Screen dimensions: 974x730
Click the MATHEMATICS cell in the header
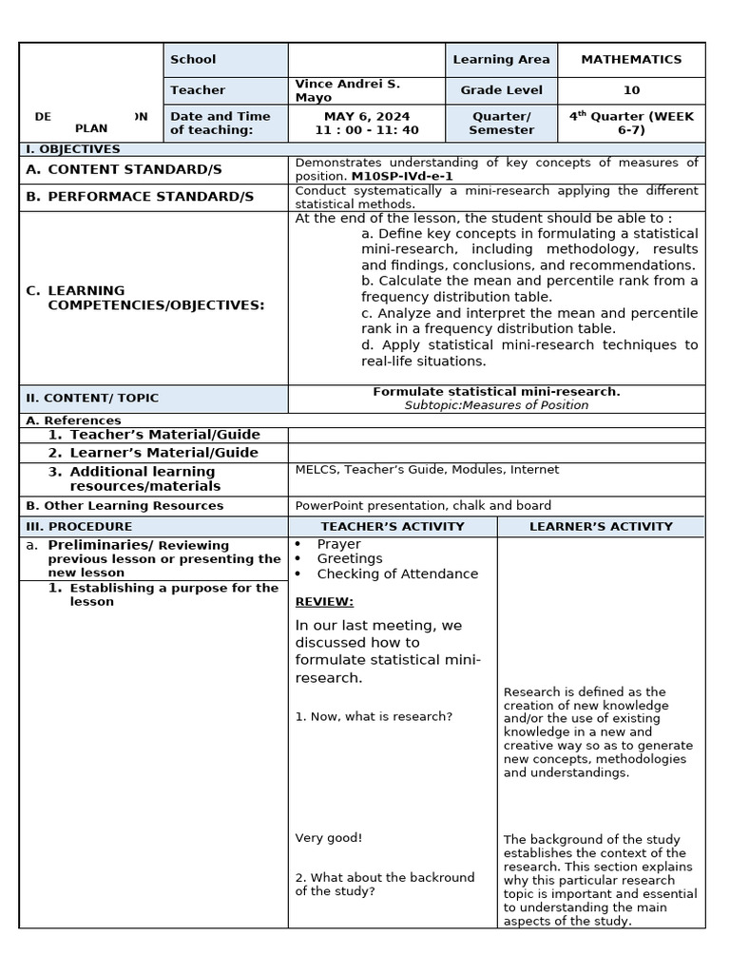[631, 59]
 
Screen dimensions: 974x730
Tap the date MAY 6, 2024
[366, 116]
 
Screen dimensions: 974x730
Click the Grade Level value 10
[631, 90]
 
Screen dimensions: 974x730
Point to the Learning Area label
[501, 59]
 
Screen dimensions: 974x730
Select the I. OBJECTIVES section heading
[72, 149]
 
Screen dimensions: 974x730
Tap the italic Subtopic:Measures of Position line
[496, 405]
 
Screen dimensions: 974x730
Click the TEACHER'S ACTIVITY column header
[393, 526]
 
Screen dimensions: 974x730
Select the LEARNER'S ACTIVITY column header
[601, 526]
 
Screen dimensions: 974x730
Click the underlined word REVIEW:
[324, 602]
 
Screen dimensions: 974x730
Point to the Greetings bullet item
[350, 559]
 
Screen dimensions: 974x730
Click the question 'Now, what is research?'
[374, 716]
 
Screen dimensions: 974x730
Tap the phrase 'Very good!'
[329, 838]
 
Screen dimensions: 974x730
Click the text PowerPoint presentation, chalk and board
[423, 506]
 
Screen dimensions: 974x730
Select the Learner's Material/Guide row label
[163, 453]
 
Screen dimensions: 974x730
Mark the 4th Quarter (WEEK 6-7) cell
[631, 123]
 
